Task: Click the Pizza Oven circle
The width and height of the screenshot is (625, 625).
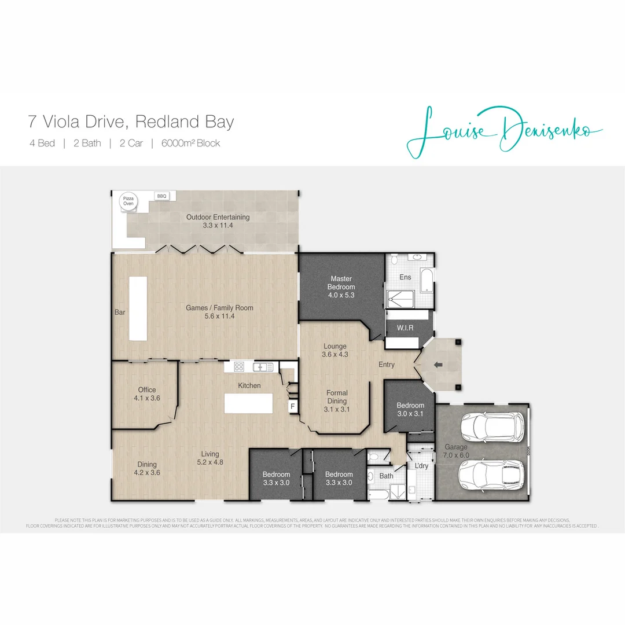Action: click(127, 201)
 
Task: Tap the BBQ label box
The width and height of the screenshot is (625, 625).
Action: click(161, 196)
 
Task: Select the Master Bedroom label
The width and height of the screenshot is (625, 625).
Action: click(341, 283)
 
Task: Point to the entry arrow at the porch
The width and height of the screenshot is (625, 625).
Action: click(438, 365)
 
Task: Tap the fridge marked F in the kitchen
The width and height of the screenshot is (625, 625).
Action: click(293, 406)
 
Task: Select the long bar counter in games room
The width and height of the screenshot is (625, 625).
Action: click(138, 308)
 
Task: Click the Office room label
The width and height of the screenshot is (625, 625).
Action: click(147, 389)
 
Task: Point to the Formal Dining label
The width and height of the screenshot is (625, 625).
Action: click(337, 397)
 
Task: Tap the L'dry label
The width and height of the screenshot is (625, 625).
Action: click(421, 466)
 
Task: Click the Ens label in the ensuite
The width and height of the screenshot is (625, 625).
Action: click(405, 277)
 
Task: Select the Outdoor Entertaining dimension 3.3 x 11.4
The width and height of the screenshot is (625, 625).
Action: click(218, 226)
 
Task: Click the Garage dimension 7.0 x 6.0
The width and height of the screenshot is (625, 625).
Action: click(456, 455)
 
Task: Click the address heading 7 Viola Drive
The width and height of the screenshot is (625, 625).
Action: click(131, 122)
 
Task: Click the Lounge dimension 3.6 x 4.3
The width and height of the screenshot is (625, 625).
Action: click(335, 354)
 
